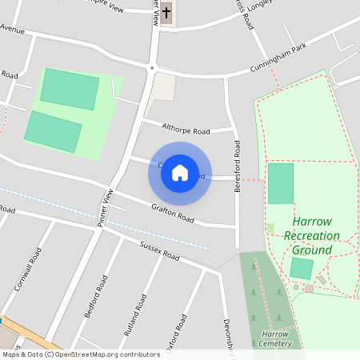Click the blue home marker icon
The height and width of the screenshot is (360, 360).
point(180,173)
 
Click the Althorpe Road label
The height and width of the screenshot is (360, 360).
point(185,130)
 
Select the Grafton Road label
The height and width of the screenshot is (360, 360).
point(173,213)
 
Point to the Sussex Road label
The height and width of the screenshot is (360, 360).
point(159,251)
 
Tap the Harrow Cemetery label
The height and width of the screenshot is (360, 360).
point(274,338)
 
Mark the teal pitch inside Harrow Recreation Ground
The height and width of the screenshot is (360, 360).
point(280,182)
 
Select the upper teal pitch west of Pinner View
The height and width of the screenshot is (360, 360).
point(70,89)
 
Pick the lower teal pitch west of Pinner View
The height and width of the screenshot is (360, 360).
point(53,132)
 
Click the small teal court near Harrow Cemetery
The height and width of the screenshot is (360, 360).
point(302,268)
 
